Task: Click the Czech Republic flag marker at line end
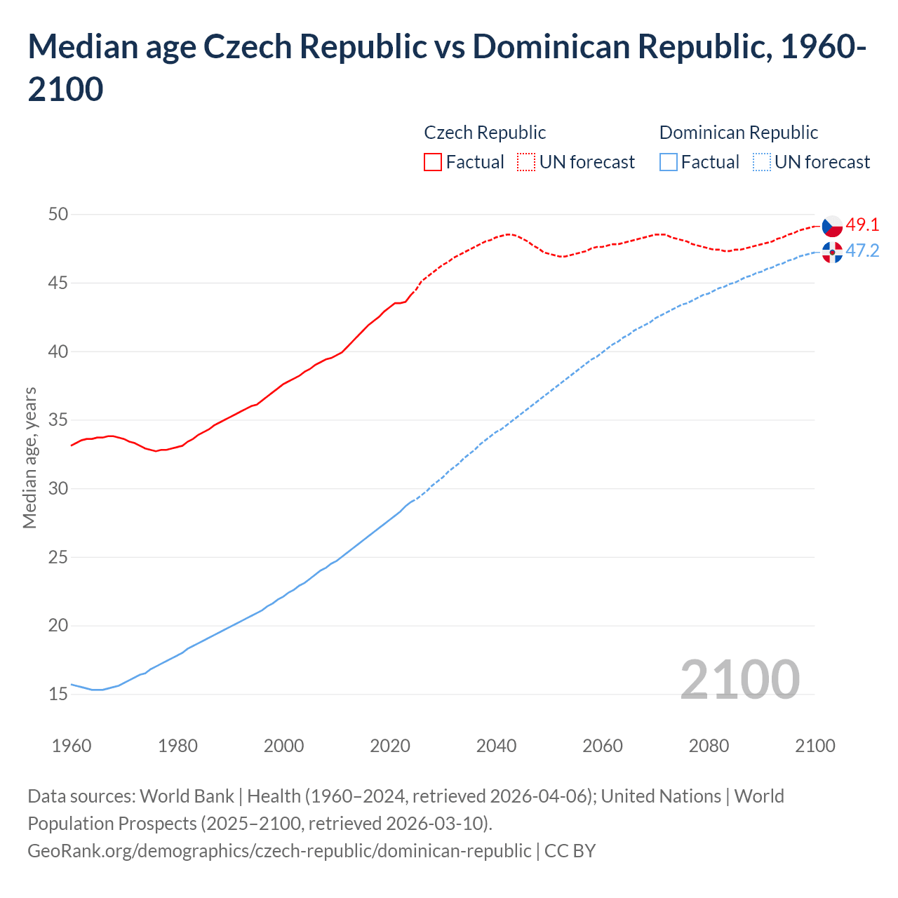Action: [832, 226]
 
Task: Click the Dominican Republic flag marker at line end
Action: [832, 252]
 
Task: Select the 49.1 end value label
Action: [862, 224]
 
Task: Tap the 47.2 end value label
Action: [862, 250]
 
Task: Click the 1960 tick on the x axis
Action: [72, 746]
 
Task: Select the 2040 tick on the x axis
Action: [496, 746]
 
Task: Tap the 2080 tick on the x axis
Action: [709, 746]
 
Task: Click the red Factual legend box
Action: [433, 162]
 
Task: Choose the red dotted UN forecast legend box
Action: [526, 162]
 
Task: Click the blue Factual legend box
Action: [669, 162]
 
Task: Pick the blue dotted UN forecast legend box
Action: [761, 162]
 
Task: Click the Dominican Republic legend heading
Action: [739, 133]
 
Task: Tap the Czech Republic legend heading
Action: [485, 133]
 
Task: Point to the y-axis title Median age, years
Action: [29, 457]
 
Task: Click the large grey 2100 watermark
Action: [739, 679]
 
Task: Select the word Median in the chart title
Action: [81, 47]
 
